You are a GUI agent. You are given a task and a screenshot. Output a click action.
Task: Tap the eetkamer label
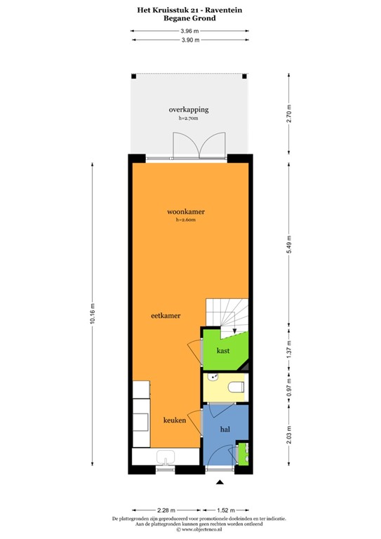166,316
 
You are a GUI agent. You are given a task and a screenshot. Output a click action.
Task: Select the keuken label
174,420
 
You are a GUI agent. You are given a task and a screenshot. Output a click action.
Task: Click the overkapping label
188,110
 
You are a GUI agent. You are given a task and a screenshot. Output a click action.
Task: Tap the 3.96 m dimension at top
190,31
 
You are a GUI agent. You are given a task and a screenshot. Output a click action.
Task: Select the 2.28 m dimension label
166,510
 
